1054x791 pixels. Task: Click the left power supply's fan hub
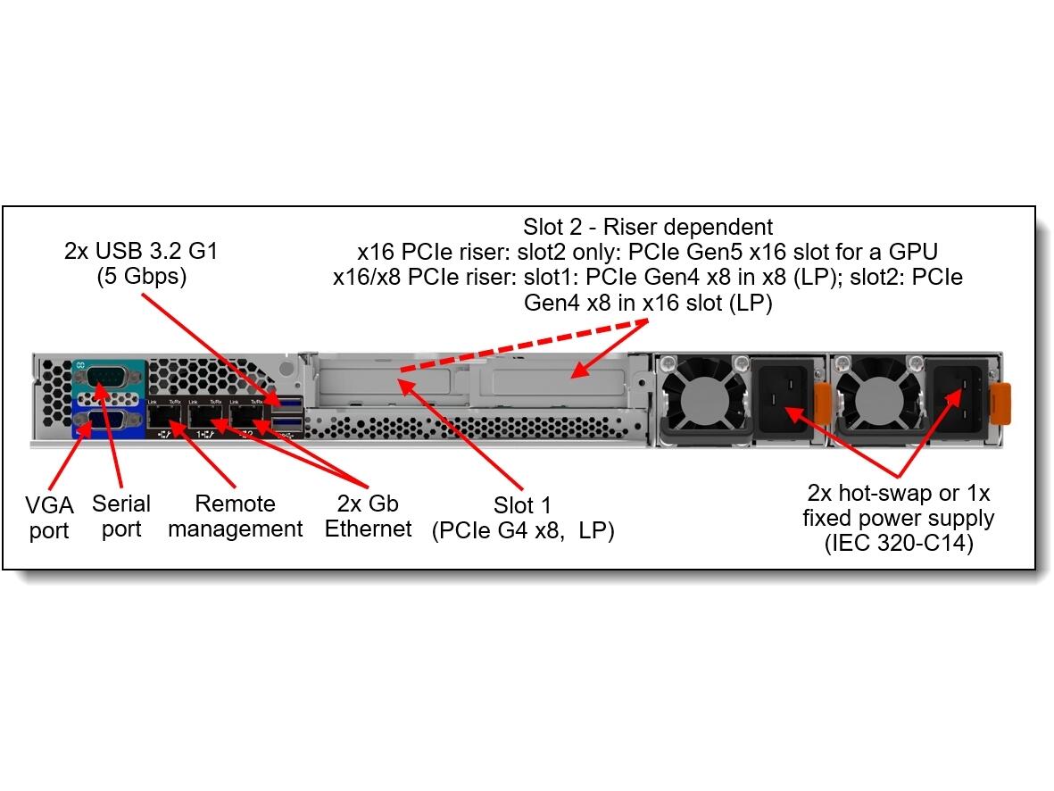705,399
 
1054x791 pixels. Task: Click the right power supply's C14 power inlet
956,401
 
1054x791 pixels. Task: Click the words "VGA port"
49,518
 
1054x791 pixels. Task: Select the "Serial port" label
120,516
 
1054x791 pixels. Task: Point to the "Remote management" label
235,516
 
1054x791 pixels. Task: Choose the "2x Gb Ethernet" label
368,516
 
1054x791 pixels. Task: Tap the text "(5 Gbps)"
141,277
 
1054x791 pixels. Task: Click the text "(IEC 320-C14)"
898,542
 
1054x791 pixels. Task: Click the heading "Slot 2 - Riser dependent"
648,227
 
